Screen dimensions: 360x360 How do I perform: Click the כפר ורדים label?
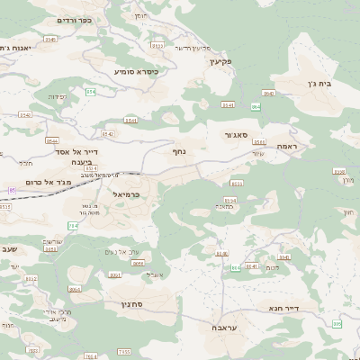[x=49, y=20]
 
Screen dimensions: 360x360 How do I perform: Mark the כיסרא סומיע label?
[x=136, y=71]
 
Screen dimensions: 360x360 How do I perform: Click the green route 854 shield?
[x=90, y=92]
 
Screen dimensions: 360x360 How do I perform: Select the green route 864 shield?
[x=256, y=106]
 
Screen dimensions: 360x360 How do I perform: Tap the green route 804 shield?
[x=236, y=267]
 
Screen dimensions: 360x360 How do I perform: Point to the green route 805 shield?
[x=336, y=323]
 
